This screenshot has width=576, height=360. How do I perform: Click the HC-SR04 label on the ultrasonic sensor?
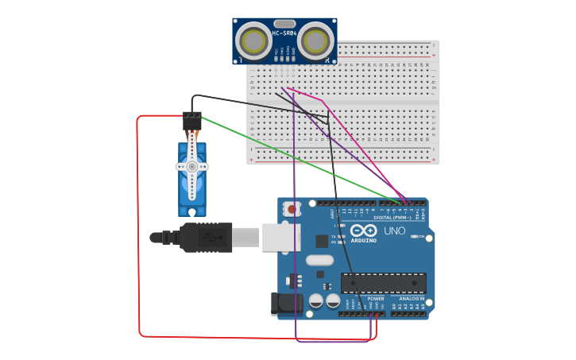(284, 33)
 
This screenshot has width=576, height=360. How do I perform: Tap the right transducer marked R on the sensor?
(315, 41)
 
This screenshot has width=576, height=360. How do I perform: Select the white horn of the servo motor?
(191, 166)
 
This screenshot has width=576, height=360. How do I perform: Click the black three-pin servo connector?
(191, 121)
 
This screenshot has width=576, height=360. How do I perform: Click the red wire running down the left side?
(138, 238)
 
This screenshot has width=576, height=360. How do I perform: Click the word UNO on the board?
(395, 231)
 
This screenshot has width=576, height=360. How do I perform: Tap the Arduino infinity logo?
(363, 230)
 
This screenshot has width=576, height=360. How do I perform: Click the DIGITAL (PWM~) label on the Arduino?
(392, 217)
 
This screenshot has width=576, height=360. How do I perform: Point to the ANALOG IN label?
(408, 299)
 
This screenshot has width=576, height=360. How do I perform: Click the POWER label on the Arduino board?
(376, 299)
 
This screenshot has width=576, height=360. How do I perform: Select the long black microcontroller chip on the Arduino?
(383, 283)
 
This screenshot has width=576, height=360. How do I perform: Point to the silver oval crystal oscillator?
(319, 260)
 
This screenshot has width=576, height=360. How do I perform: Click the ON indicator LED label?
(419, 237)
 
